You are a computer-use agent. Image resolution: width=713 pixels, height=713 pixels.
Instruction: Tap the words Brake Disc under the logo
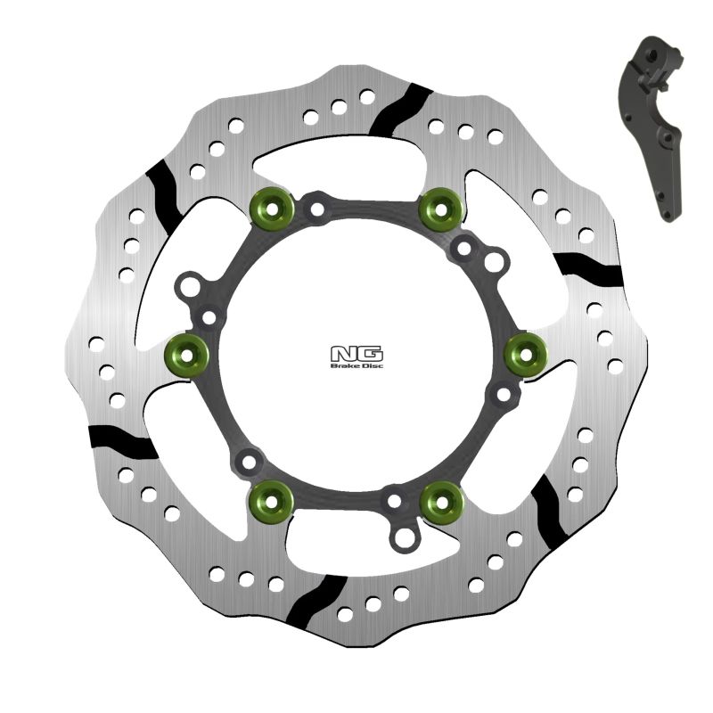click(356, 365)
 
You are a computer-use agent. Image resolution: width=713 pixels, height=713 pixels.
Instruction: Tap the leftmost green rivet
click(187, 355)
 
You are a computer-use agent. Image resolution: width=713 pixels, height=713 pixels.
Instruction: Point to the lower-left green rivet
click(271, 502)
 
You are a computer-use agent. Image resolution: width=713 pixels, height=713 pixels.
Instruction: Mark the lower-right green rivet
click(440, 502)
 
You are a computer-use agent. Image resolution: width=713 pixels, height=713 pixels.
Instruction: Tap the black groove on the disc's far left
click(122, 438)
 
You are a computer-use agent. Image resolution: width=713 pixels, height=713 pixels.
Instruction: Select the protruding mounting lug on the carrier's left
click(188, 289)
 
